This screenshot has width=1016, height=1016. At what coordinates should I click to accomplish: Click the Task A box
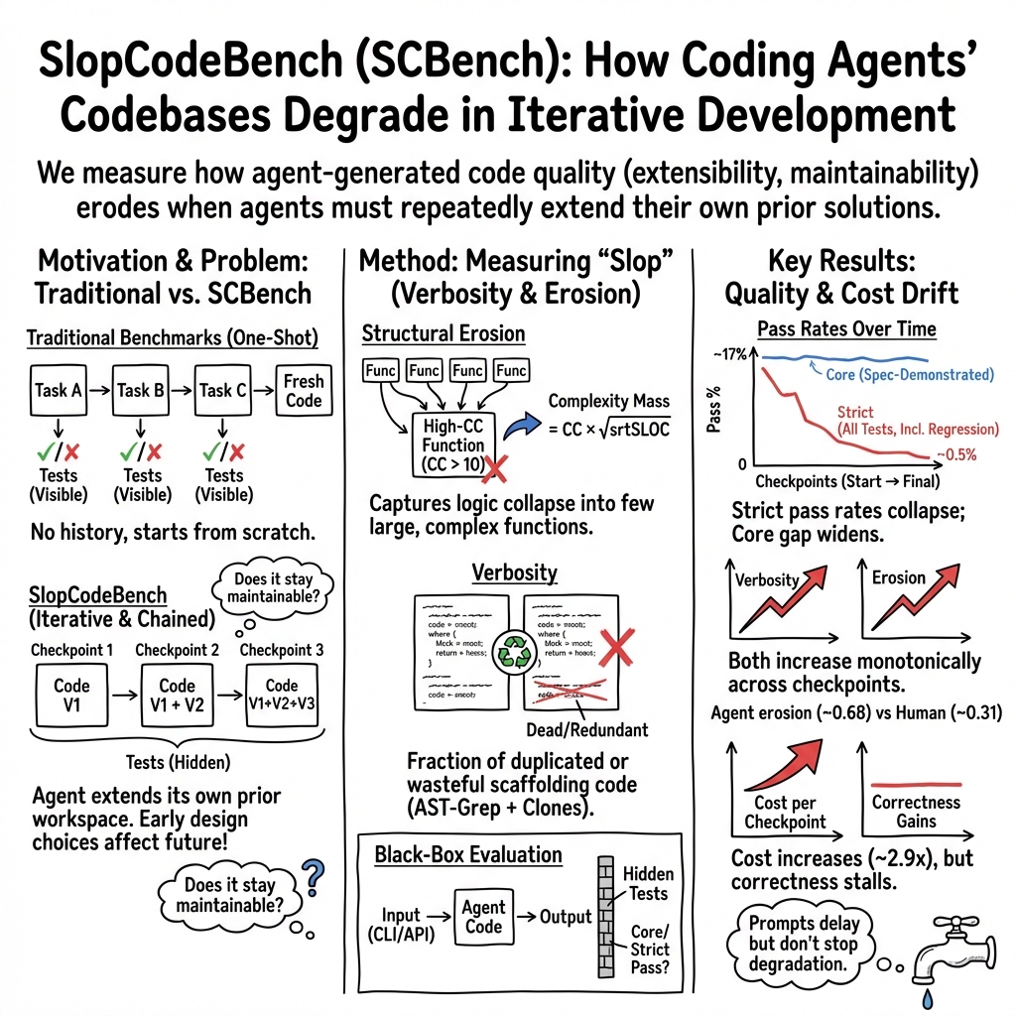57,390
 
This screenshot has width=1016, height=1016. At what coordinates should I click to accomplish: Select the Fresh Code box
303,390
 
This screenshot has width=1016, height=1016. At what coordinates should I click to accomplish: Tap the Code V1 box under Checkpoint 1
71,695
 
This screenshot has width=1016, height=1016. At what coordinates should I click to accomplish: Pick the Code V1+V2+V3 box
281,695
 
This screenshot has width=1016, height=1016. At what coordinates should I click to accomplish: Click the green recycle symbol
515,651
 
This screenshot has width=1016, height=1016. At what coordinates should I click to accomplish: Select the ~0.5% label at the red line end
955,455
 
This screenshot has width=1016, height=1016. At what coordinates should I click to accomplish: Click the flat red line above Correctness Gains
915,784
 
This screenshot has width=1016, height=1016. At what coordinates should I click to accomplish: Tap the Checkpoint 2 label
177,650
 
